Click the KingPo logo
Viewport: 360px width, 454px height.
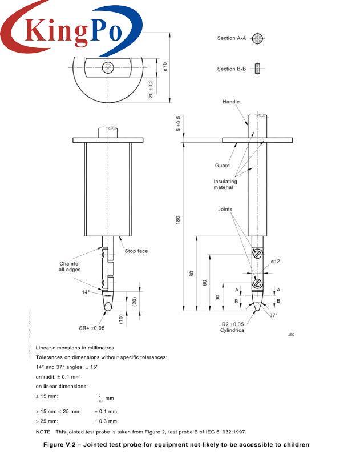[x=71, y=29]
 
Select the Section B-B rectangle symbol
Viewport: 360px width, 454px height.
[x=258, y=69]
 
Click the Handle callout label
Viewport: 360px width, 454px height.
[x=231, y=102]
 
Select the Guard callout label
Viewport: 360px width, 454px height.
[x=223, y=166]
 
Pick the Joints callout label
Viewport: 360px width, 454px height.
[x=225, y=210]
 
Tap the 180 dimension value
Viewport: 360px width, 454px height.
[x=177, y=220]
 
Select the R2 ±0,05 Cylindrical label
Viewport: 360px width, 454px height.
[x=233, y=327]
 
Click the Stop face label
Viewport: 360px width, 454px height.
[x=136, y=251]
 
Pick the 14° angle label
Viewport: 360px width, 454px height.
[x=86, y=292]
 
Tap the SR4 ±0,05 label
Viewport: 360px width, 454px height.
[x=92, y=328]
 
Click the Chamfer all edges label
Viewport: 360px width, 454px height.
[x=70, y=267]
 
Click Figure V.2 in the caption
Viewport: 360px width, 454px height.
[x=64, y=444]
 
